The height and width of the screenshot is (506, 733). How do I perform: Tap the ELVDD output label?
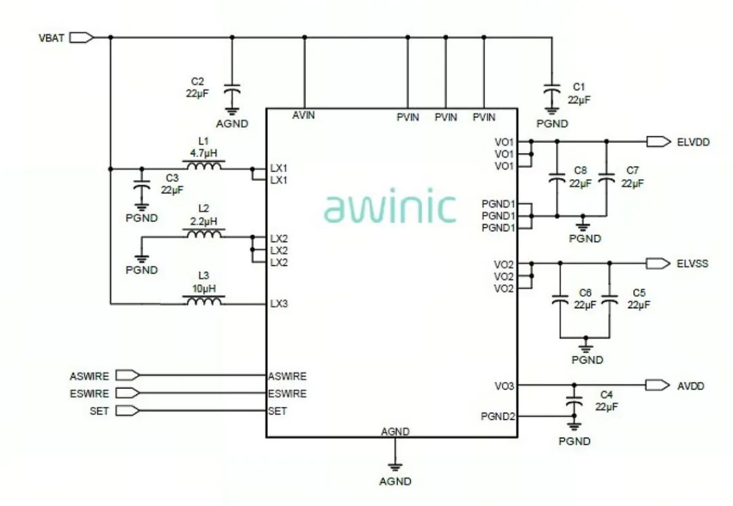[x=693, y=142]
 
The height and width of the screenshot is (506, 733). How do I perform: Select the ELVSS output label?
[x=692, y=262]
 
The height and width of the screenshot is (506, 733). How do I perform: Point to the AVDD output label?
[x=691, y=385]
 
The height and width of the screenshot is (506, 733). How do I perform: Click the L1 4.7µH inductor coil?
[x=204, y=166]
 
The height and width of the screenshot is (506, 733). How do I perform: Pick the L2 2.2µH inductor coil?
[x=204, y=234]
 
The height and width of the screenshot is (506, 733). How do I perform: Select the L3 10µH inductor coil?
[x=204, y=301]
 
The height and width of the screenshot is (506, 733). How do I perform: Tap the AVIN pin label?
[x=303, y=115]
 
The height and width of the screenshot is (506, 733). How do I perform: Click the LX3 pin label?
[x=279, y=303]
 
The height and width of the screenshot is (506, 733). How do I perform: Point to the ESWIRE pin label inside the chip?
[x=287, y=393]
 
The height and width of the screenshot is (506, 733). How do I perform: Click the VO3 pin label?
[x=504, y=385]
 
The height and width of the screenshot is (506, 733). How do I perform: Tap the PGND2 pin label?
[x=498, y=416]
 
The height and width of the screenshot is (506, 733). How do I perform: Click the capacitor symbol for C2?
[x=233, y=91]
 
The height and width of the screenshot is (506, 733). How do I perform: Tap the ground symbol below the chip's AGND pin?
[x=395, y=467]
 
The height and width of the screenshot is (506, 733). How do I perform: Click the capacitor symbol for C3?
[x=141, y=185]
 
